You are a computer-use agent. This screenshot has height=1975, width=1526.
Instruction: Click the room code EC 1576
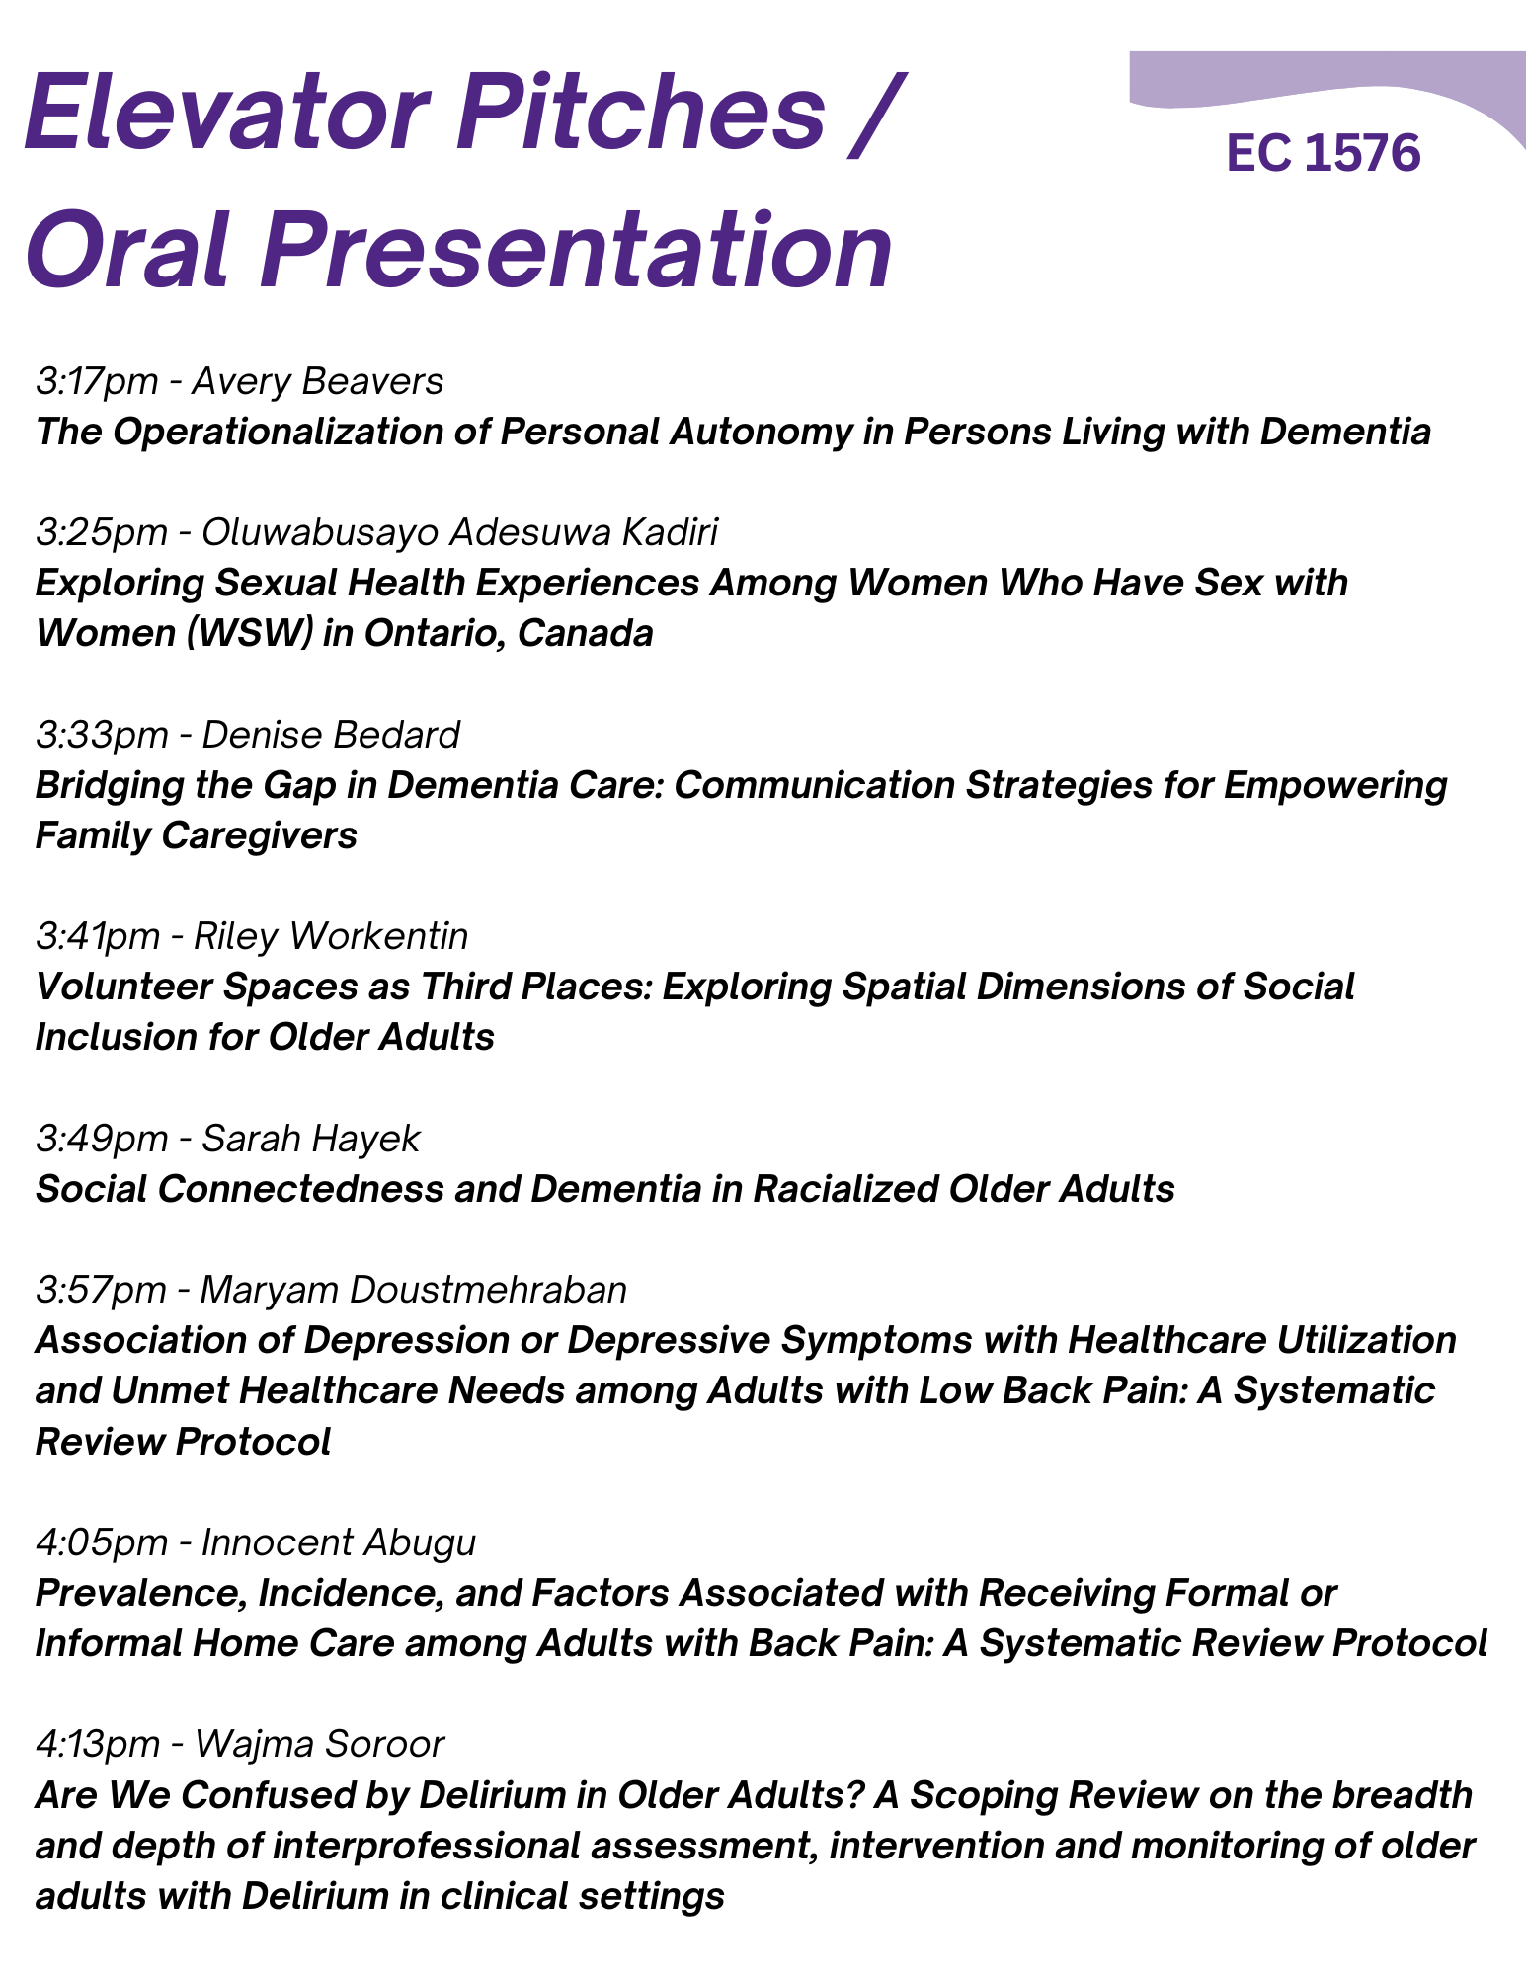click(x=1324, y=154)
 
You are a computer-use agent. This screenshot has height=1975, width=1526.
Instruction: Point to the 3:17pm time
click(x=102, y=381)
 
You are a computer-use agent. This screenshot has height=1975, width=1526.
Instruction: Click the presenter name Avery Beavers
click(x=318, y=380)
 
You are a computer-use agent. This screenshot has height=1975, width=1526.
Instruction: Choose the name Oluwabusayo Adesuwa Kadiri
click(x=459, y=532)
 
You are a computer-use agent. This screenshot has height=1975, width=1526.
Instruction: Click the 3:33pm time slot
click(x=102, y=735)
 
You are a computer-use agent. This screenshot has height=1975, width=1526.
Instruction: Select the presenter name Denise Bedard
click(x=331, y=734)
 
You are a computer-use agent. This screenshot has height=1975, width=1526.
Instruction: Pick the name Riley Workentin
click(x=331, y=936)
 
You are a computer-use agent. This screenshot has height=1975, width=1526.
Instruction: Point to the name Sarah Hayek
click(x=310, y=1139)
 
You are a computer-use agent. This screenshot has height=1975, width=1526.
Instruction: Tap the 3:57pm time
click(x=102, y=1290)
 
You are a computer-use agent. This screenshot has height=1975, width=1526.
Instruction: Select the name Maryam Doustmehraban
click(x=414, y=1290)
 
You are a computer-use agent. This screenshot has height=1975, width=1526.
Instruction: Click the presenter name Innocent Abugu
click(x=339, y=1542)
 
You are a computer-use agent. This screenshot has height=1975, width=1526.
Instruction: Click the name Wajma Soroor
click(x=320, y=1745)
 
